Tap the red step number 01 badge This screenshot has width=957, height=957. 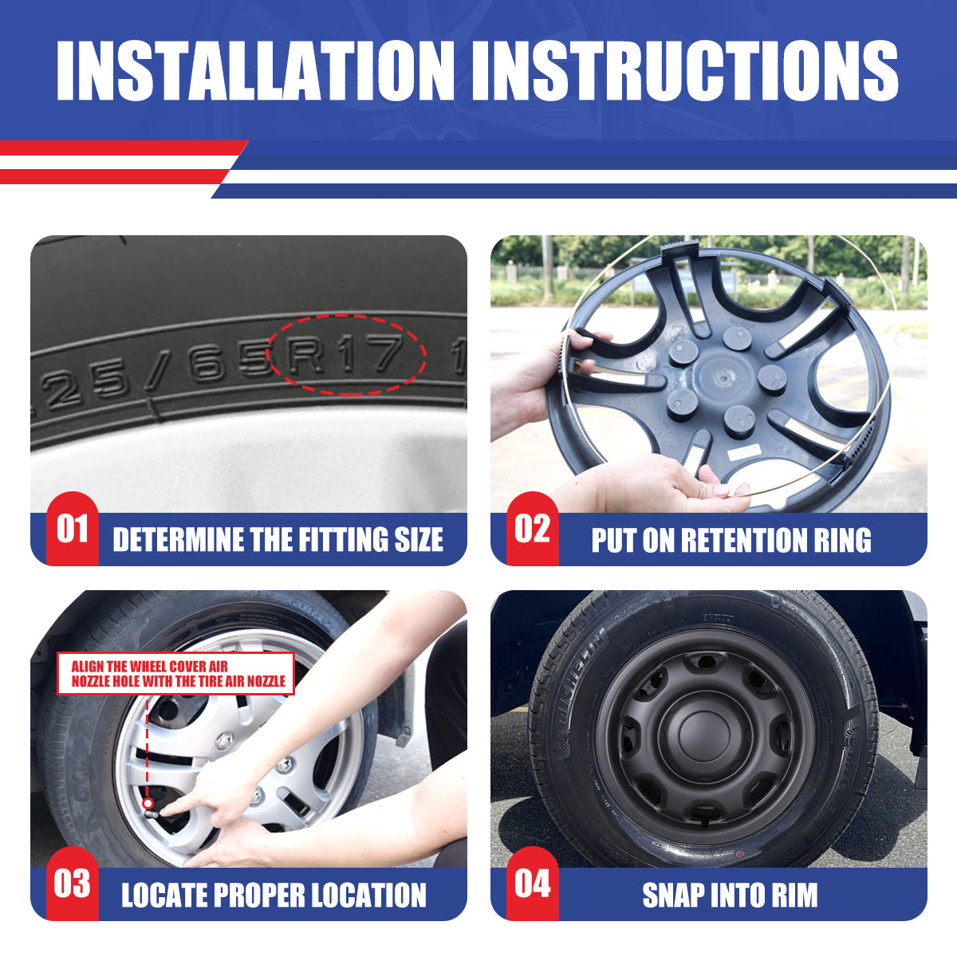pyautogui.click(x=72, y=529)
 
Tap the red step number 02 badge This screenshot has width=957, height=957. pyautogui.click(x=532, y=529)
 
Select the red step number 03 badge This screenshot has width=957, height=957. pyautogui.click(x=72, y=884)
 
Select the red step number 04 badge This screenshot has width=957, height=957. pyautogui.click(x=532, y=884)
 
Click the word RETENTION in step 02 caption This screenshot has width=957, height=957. pyautogui.click(x=731, y=540)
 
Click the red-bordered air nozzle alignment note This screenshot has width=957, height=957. pyautogui.click(x=176, y=674)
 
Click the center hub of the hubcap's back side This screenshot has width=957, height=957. pyautogui.click(x=721, y=375)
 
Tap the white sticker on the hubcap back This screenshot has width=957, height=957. pyautogui.click(x=746, y=452)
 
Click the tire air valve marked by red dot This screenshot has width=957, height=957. pyautogui.click(x=149, y=804)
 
